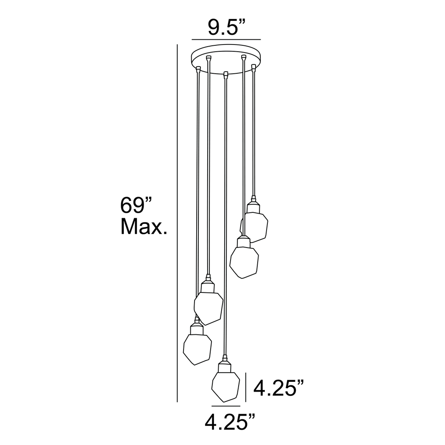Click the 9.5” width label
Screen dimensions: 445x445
click(x=227, y=28)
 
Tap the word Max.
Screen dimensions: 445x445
click(x=144, y=227)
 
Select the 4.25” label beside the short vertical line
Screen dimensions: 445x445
click(x=278, y=388)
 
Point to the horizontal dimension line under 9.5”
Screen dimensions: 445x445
click(x=226, y=39)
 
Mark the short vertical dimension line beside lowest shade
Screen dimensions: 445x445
click(x=246, y=387)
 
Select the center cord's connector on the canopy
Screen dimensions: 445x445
click(x=226, y=75)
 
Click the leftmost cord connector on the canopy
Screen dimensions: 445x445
click(x=199, y=68)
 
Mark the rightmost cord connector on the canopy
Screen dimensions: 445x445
click(x=254, y=67)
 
